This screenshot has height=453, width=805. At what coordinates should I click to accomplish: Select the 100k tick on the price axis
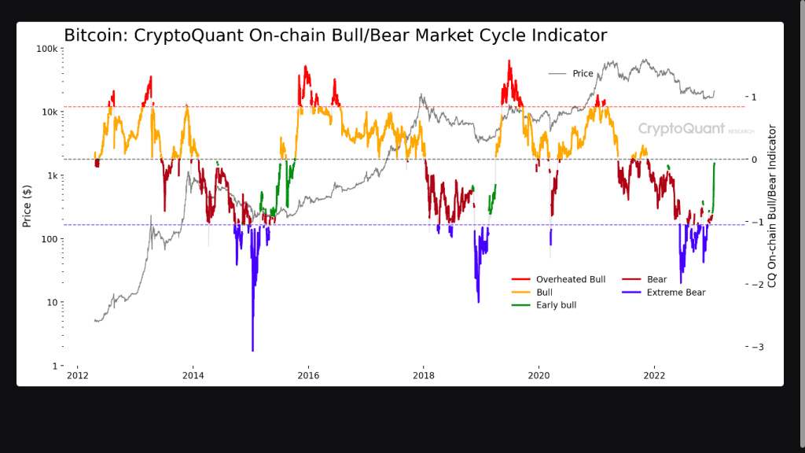46,49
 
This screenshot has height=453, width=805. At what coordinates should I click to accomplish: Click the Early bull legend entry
556,304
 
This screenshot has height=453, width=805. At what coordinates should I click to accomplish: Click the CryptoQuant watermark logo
681,128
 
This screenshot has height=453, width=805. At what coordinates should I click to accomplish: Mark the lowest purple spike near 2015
252,350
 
